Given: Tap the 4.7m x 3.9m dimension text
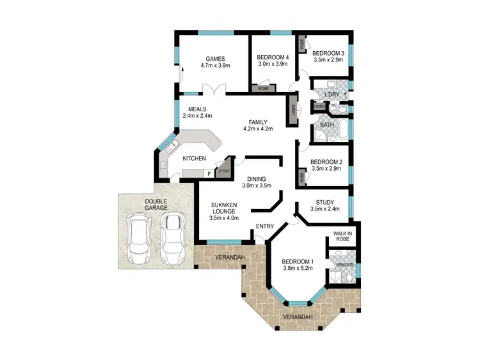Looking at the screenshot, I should pos(214,65).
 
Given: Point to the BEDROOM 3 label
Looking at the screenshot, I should pos(328,53).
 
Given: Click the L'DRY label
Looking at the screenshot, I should pos(332,95).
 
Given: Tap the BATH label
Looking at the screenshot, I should pos(327,125).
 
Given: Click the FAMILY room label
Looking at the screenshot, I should pos(258,121).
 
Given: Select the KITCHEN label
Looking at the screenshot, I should pos(194,158).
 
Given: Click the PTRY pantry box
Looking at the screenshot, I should pos(223,171).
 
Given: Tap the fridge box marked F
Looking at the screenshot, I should pos(208,173).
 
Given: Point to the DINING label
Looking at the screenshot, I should pos(257,178).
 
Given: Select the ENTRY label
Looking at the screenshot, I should pos(264,226).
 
